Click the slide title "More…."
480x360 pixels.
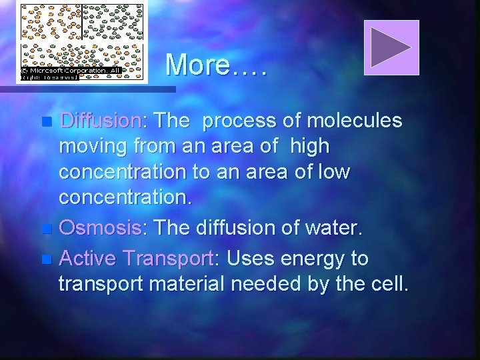216,65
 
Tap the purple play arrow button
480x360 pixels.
391,47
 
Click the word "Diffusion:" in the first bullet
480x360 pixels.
100,121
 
